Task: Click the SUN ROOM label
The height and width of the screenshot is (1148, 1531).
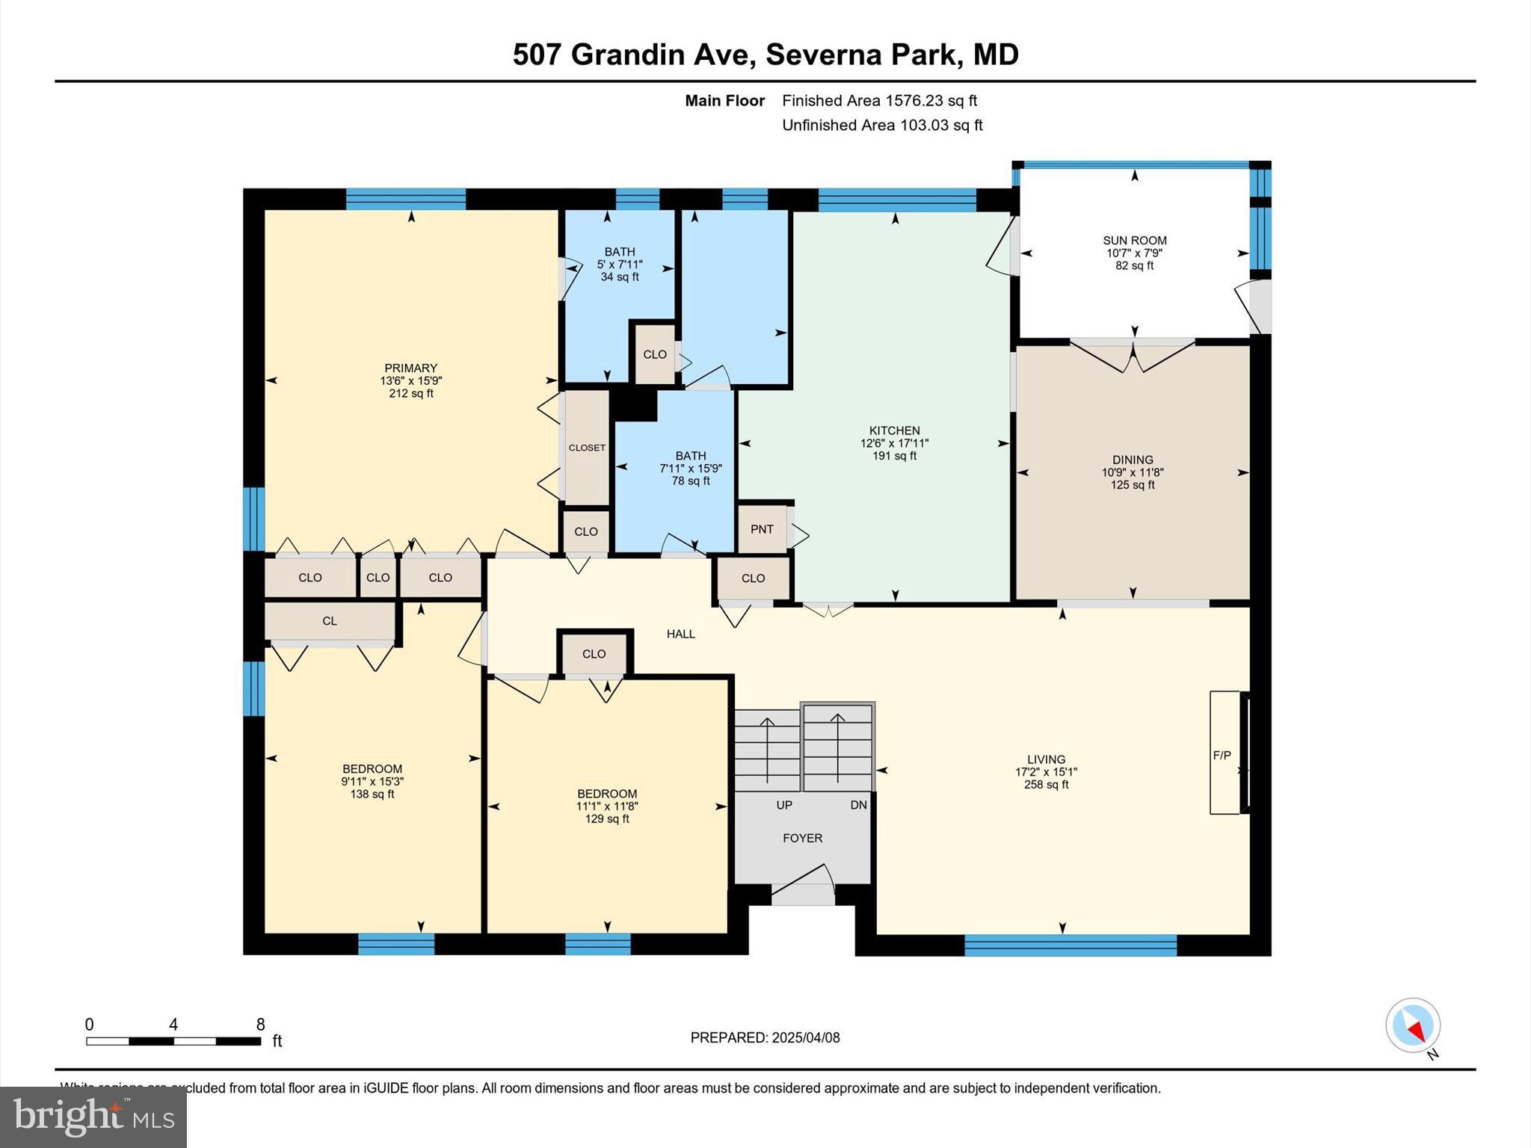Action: point(1134,241)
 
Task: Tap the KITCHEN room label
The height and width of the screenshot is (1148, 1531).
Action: point(894,430)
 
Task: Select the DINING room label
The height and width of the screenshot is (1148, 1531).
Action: point(1133,460)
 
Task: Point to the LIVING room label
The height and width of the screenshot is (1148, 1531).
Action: point(1046,759)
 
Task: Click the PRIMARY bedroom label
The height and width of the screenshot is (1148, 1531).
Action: point(410,368)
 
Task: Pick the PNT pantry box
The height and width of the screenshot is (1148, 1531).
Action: point(762,529)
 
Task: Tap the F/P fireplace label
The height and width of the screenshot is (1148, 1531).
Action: point(1222,756)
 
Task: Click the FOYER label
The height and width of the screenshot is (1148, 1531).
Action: point(802,839)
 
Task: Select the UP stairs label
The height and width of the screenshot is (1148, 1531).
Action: point(784,805)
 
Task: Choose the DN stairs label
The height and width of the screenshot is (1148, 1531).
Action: point(859,805)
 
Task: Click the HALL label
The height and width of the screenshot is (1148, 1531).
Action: point(681,634)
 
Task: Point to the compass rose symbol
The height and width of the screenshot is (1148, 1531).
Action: point(1413,1025)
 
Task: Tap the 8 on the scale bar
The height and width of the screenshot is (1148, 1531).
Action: point(260,1025)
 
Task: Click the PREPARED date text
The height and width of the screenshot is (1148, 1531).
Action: point(765,1037)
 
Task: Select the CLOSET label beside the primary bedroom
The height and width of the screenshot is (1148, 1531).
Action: point(587,448)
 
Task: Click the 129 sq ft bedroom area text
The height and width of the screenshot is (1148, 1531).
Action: point(607,819)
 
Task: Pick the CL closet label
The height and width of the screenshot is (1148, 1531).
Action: point(330,621)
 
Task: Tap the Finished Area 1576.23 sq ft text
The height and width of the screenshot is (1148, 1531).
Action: point(880,100)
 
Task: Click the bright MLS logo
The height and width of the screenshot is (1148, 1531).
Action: point(93,1117)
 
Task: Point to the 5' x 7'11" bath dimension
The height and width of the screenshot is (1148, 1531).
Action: point(620,265)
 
